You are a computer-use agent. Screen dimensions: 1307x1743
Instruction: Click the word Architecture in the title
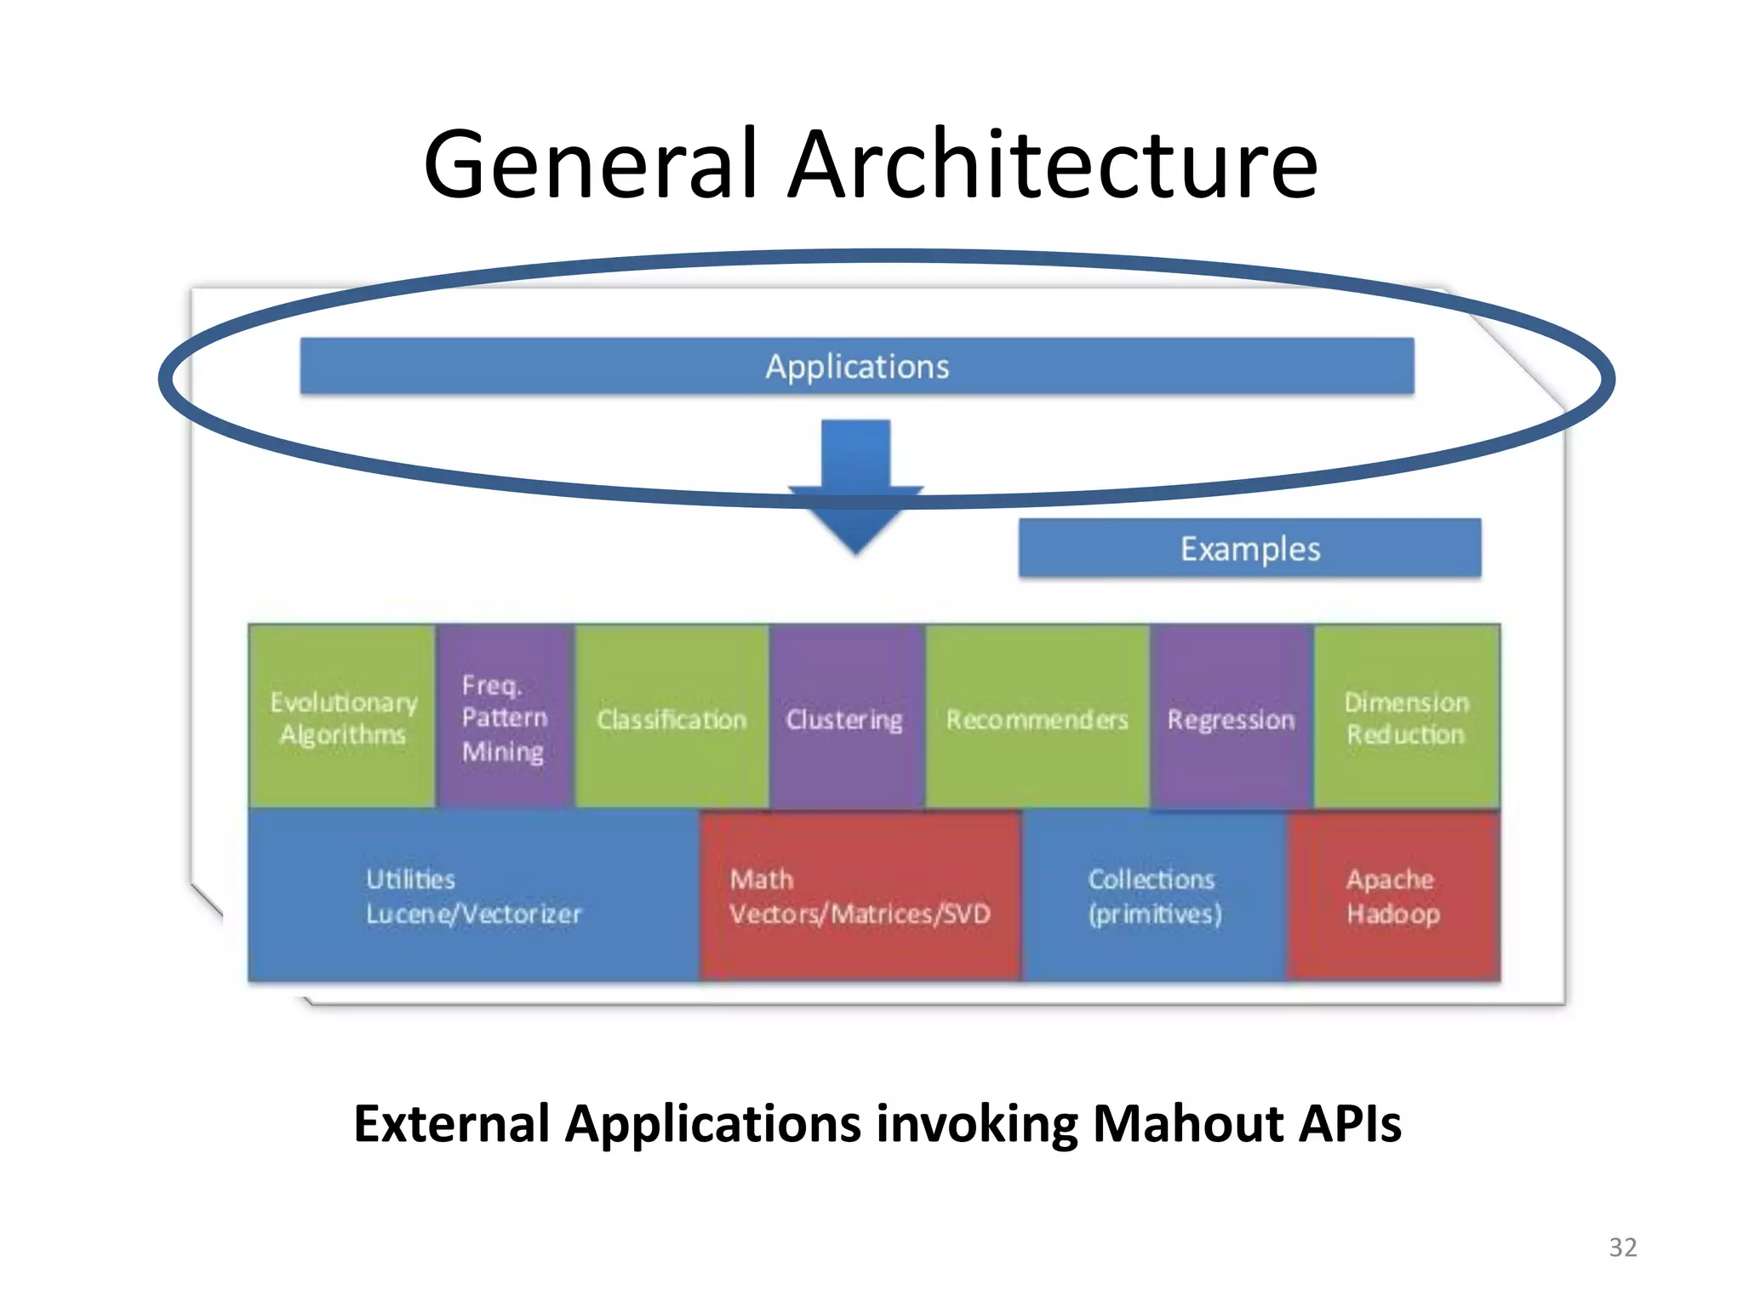[1052, 163]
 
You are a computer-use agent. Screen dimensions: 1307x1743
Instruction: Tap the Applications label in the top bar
[857, 367]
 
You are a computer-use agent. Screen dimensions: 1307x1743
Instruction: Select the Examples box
[1249, 549]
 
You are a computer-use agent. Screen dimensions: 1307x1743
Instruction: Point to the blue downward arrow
[856, 485]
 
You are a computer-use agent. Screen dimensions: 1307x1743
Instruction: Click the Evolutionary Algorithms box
[343, 717]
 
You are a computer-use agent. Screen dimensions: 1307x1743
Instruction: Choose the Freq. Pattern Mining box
[505, 717]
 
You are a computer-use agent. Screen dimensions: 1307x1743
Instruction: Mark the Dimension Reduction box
[1406, 717]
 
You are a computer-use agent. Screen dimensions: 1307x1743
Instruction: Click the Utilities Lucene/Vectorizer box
[473, 896]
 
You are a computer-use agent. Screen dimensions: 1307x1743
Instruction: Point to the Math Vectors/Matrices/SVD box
[860, 896]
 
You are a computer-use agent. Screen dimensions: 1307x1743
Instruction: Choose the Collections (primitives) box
[1154, 896]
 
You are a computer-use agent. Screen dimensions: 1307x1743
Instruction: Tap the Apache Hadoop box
[1393, 896]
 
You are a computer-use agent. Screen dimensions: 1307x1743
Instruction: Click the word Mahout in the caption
[1187, 1123]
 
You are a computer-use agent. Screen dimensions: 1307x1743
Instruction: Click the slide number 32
[1622, 1247]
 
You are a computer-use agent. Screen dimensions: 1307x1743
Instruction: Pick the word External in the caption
[451, 1123]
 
